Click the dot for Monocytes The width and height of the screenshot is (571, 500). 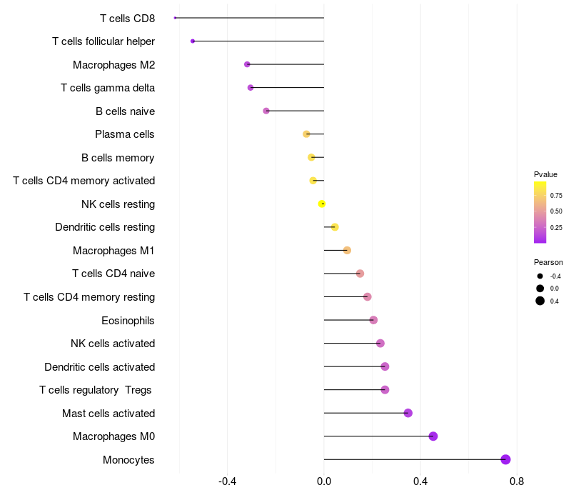coord(505,459)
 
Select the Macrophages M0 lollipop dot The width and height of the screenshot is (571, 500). coord(433,436)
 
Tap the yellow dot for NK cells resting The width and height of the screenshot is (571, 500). coord(322,204)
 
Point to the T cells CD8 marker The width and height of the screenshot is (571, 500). coord(175,18)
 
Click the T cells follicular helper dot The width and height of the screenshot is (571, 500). coord(193,41)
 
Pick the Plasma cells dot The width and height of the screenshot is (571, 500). coord(306,134)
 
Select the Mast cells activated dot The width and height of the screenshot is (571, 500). coord(408,413)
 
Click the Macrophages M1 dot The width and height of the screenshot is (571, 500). coord(347,251)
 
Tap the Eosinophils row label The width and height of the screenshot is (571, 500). coord(128,321)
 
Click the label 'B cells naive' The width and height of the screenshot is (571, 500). coord(126,111)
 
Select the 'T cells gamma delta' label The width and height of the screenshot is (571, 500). coord(108,88)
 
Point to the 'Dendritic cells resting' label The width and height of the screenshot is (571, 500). coord(105,227)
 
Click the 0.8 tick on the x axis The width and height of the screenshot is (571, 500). coord(517,481)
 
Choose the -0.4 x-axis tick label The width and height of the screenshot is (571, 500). coord(227,481)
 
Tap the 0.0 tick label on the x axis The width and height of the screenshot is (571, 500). coord(324,481)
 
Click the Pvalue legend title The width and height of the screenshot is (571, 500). coord(545,174)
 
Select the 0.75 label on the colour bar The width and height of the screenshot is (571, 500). coord(556,196)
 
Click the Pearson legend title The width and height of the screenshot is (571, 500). coord(548,262)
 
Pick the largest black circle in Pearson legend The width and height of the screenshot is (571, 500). coord(540,301)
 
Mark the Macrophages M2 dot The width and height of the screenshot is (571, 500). coord(247,64)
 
